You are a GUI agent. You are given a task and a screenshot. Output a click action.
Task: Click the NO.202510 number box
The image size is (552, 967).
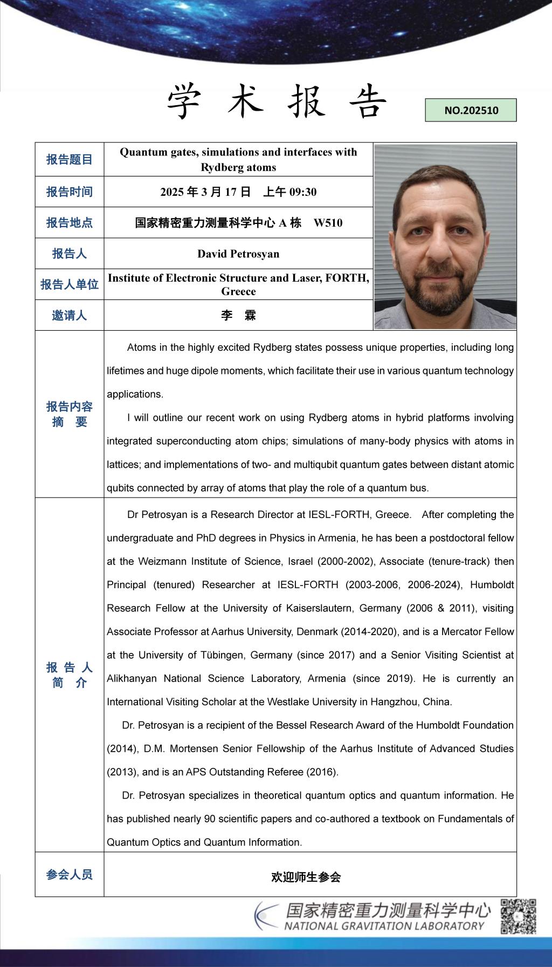coord(471,110)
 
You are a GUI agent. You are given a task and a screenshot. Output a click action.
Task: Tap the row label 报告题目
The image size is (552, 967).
coord(70,159)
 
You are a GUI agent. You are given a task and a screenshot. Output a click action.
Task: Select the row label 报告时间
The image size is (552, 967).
coord(70,192)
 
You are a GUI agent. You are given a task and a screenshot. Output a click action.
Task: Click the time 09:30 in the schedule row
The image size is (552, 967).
coord(303,192)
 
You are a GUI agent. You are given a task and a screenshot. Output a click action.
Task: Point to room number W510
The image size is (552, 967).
coord(328,223)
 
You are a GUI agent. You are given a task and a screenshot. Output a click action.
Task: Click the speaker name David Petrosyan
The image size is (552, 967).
coord(238,254)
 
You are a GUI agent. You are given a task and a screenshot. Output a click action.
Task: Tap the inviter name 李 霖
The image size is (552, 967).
coord(238,315)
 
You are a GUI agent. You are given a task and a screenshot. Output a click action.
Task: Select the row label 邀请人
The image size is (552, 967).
coord(70,315)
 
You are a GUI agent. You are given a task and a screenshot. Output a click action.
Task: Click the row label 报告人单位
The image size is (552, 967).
coord(70,284)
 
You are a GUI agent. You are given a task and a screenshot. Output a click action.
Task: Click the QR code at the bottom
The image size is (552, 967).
coord(518,916)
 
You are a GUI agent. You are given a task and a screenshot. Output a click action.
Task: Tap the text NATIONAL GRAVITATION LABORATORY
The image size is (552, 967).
coord(384,926)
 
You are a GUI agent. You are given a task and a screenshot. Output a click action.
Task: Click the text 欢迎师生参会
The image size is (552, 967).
coord(306,877)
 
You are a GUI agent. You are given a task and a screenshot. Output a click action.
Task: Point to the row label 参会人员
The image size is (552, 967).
coord(70,874)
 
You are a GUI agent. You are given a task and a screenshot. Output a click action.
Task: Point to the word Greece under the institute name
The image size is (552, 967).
coord(238,291)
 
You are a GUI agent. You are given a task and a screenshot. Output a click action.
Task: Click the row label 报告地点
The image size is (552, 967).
coord(70,222)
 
